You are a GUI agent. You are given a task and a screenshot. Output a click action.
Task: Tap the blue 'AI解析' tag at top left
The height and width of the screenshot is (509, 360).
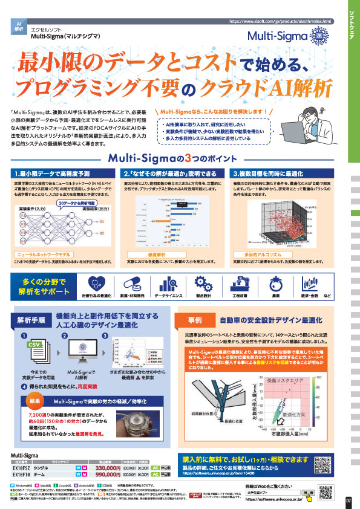tap(18, 26)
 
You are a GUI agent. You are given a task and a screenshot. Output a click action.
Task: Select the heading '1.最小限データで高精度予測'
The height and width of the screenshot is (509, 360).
tap(44, 173)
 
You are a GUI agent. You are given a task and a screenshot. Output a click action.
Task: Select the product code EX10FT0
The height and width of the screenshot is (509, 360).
tap(22, 475)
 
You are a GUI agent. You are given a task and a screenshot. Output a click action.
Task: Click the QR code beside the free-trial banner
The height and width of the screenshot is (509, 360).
tap(330, 464)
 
